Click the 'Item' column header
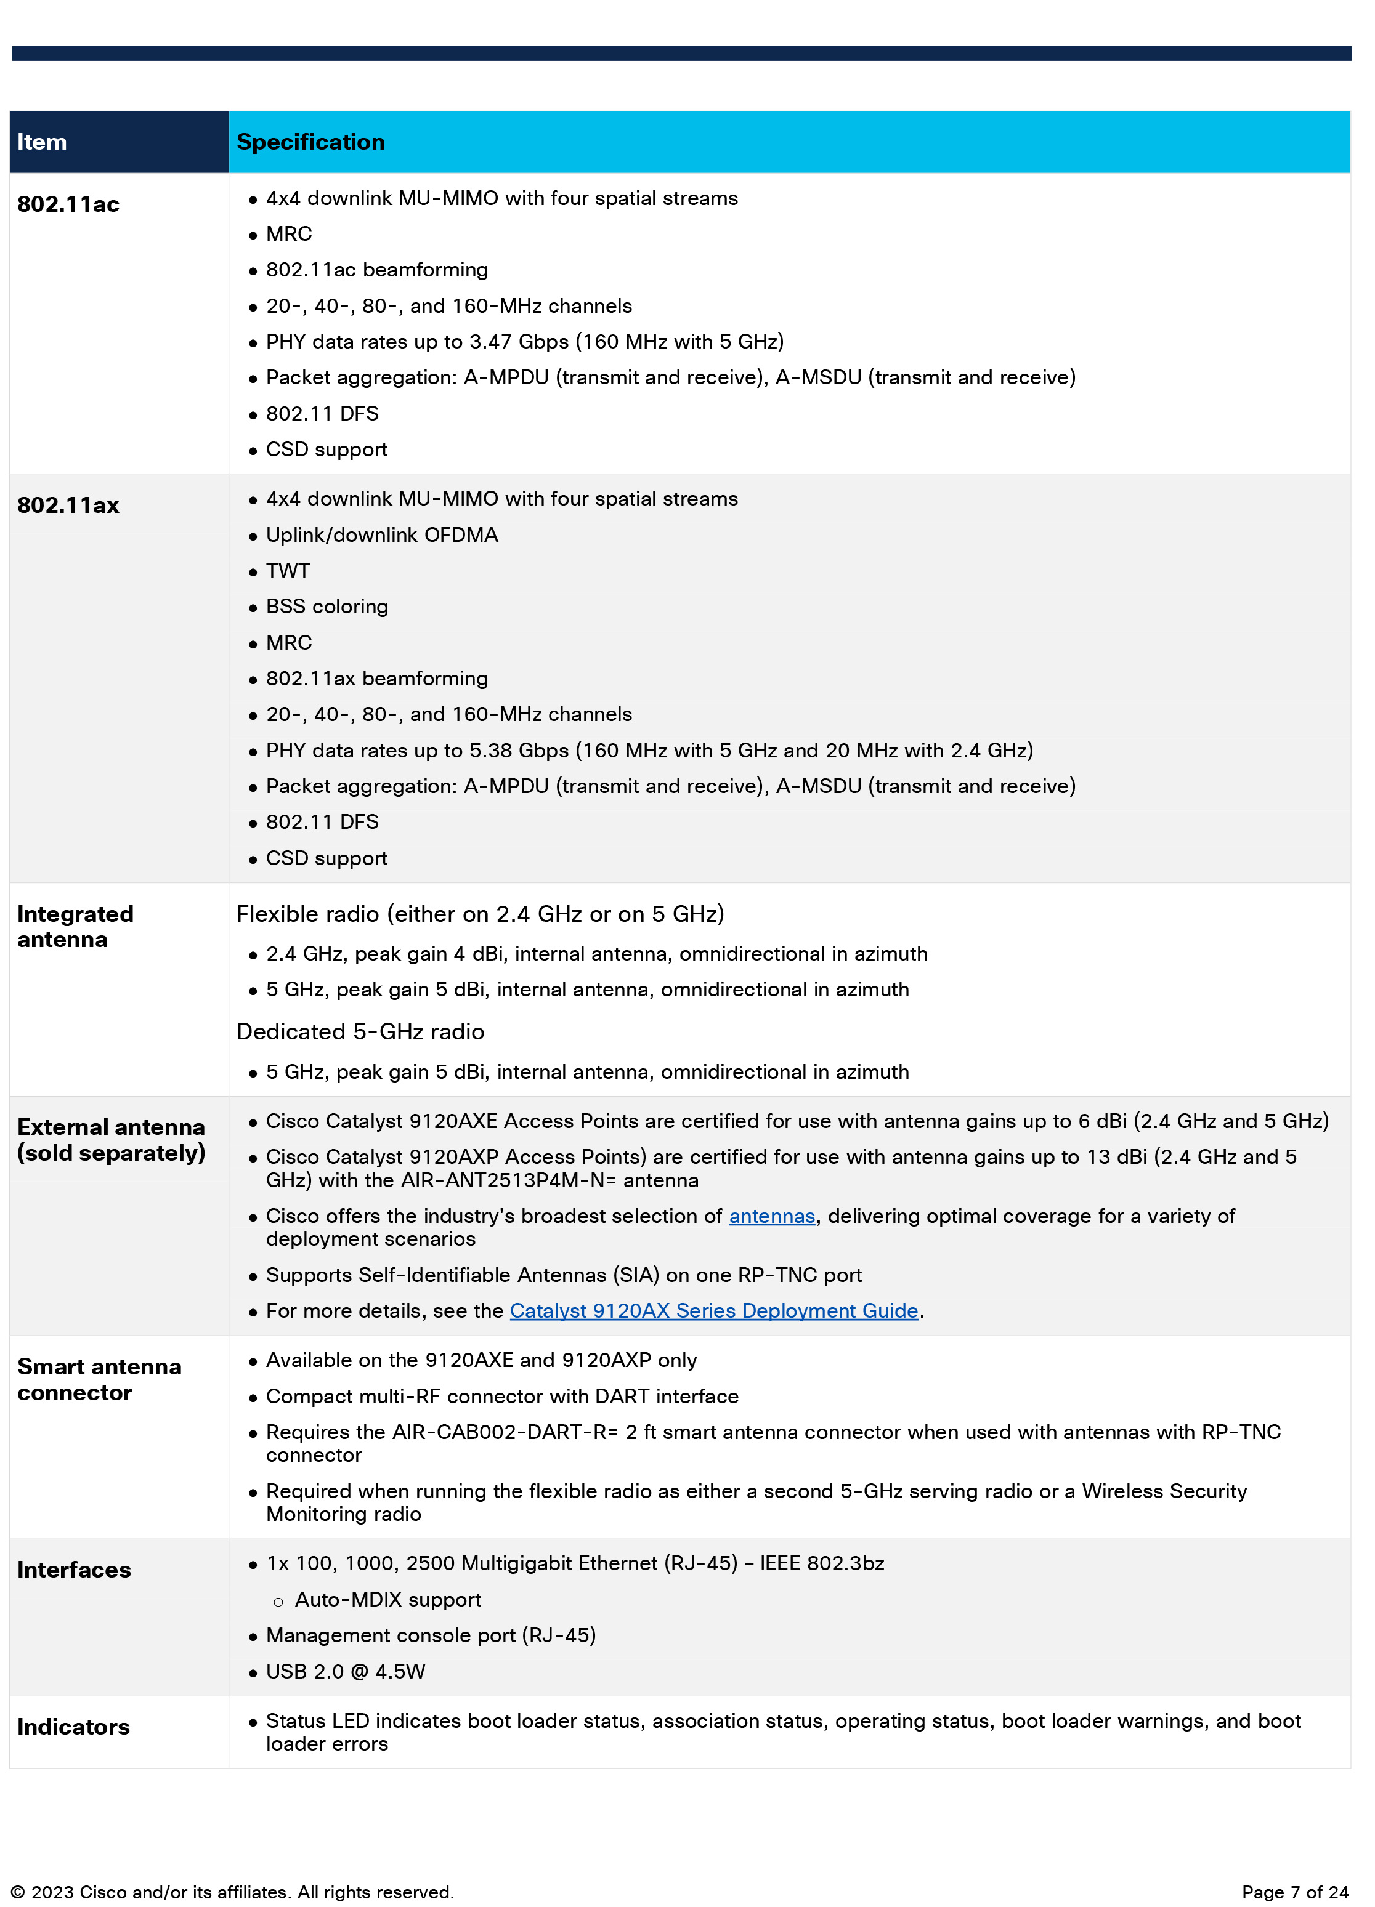pos(42,142)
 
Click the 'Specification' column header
pos(310,142)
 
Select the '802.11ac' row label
pos(68,204)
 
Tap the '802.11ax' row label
pos(68,506)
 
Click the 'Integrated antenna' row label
pos(75,927)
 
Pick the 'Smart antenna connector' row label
pos(99,1380)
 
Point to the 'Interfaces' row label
pos(74,1570)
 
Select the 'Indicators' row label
pos(73,1727)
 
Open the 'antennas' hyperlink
pos(771,1216)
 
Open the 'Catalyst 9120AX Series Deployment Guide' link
pos(713,1311)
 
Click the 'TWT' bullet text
pos(288,571)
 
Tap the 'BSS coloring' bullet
pos(327,607)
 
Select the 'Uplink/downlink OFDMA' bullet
pos(382,534)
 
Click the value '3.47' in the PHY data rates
pos(490,342)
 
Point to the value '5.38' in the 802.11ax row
pos(490,751)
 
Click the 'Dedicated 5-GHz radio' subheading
pos(360,1031)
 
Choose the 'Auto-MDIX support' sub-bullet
pos(387,1600)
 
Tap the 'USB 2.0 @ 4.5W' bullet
pos(346,1672)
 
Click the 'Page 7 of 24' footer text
pos(1294,1892)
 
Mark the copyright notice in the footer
pos(232,1892)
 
